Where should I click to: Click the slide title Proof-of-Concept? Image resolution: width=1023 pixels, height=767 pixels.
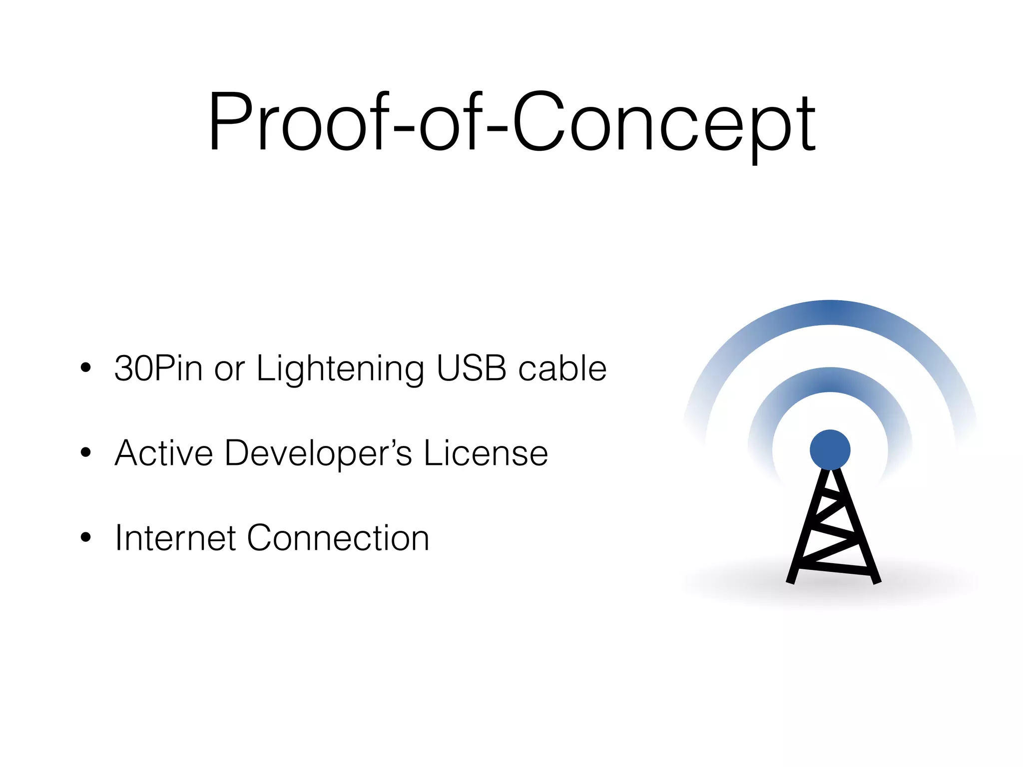511,122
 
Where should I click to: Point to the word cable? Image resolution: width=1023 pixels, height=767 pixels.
562,369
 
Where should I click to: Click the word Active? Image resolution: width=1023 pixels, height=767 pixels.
164,453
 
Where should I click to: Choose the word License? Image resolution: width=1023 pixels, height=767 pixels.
486,453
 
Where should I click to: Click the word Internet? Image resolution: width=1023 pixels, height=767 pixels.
175,538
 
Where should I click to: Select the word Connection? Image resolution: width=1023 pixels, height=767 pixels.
338,538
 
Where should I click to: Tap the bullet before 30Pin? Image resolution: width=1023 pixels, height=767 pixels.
86,368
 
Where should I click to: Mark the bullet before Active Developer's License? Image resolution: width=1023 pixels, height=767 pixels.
86,453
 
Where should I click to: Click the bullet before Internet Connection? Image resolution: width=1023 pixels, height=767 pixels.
86,538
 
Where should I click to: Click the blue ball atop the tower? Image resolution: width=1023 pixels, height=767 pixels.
830,449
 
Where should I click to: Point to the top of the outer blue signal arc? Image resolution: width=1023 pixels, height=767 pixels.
830,313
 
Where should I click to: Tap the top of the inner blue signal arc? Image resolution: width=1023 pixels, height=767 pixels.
830,380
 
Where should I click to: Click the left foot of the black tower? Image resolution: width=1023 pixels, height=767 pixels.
791,579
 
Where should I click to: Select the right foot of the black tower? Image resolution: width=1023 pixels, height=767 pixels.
876,579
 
